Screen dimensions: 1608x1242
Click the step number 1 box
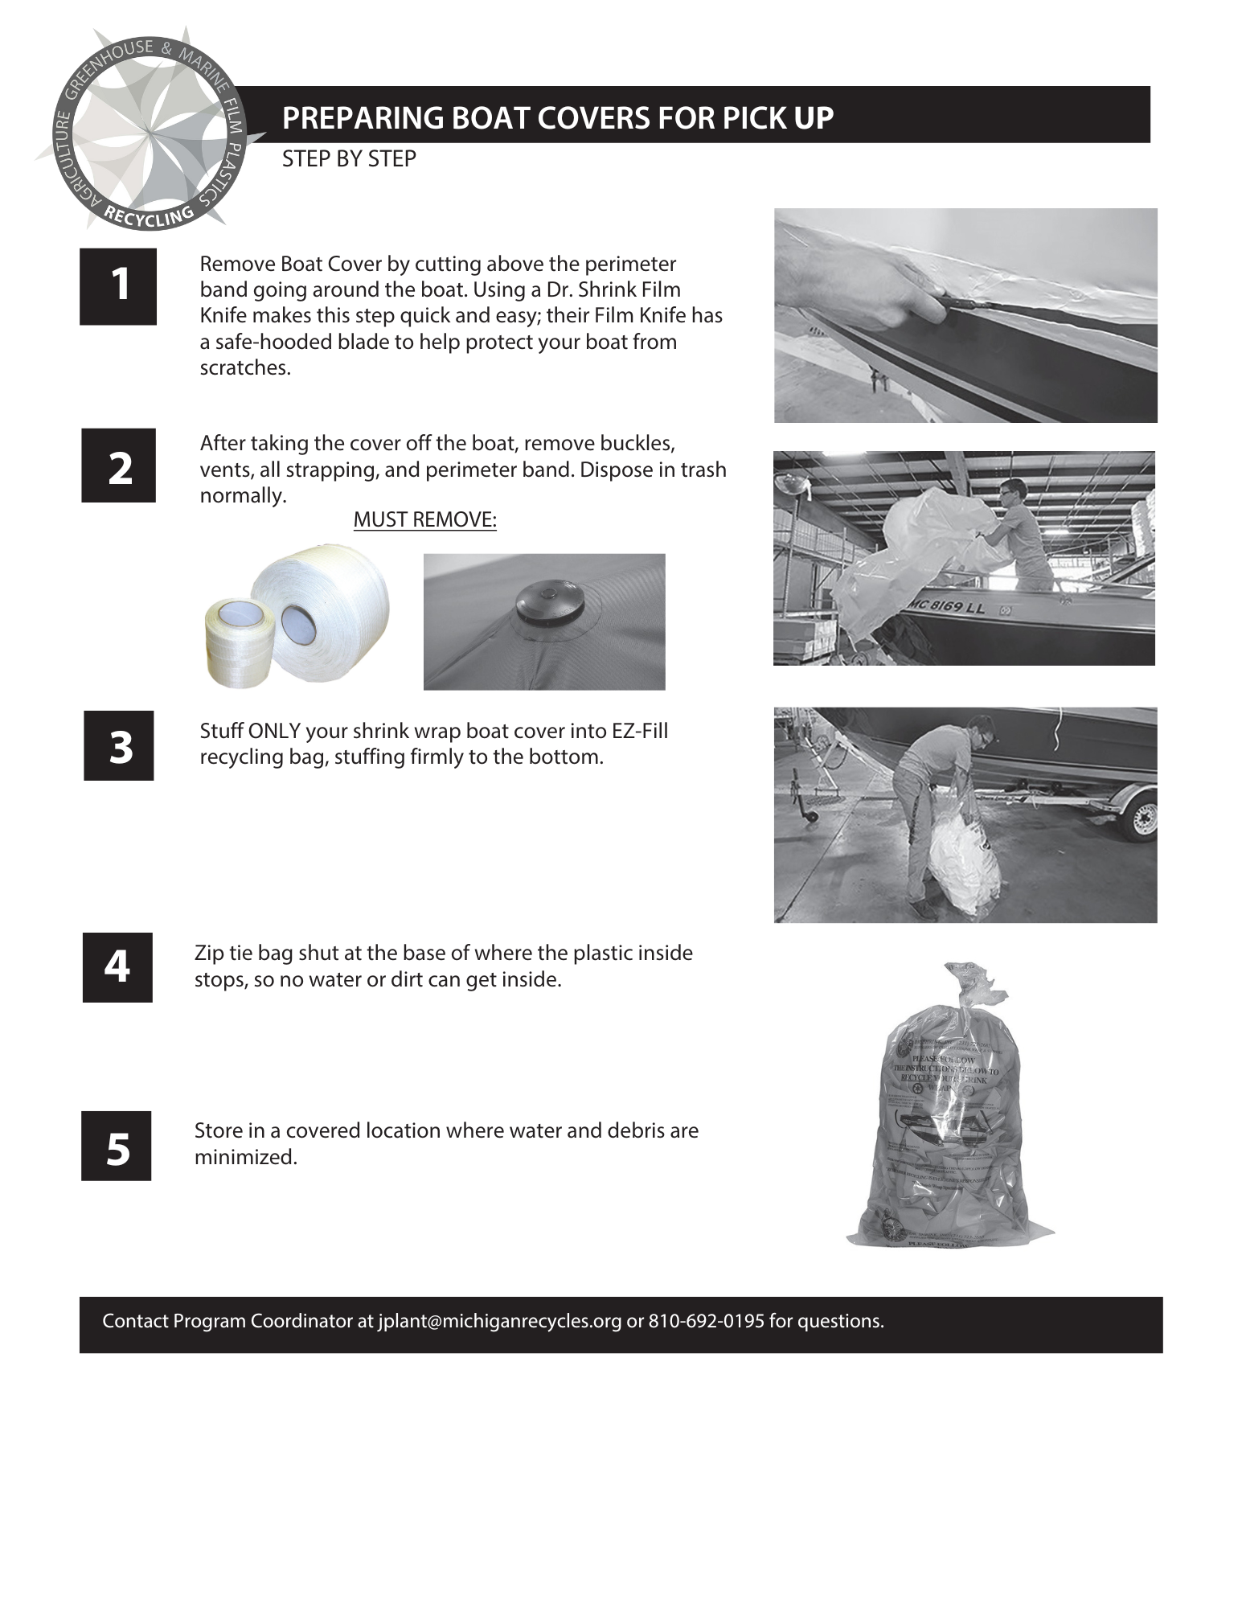[x=118, y=286]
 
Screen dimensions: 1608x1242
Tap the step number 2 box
[x=118, y=466]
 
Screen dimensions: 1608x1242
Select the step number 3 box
[x=119, y=745]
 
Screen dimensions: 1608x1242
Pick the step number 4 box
[x=117, y=967]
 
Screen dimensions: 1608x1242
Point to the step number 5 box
[x=117, y=1146]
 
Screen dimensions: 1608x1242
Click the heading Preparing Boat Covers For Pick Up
[x=558, y=117]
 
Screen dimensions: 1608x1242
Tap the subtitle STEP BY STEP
[x=349, y=159]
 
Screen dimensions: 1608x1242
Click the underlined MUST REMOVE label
[x=424, y=520]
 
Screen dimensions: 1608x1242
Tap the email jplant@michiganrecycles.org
[x=499, y=1321]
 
